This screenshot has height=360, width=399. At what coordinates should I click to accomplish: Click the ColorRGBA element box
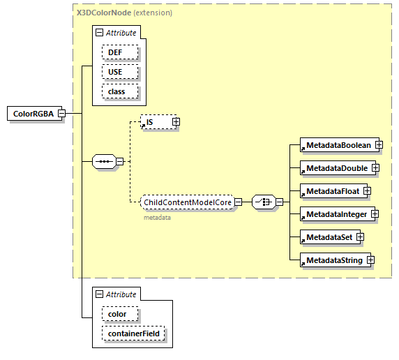33,114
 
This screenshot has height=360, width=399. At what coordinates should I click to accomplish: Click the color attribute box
117,314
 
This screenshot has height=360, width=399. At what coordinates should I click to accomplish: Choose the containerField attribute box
133,333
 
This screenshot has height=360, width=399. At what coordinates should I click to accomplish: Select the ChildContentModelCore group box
186,202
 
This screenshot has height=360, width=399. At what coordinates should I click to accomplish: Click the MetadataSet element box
327,237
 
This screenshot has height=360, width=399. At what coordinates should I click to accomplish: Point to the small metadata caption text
157,217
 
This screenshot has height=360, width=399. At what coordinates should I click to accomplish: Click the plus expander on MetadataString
371,260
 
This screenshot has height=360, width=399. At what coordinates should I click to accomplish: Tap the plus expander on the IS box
176,122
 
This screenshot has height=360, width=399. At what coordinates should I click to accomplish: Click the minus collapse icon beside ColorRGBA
61,114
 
